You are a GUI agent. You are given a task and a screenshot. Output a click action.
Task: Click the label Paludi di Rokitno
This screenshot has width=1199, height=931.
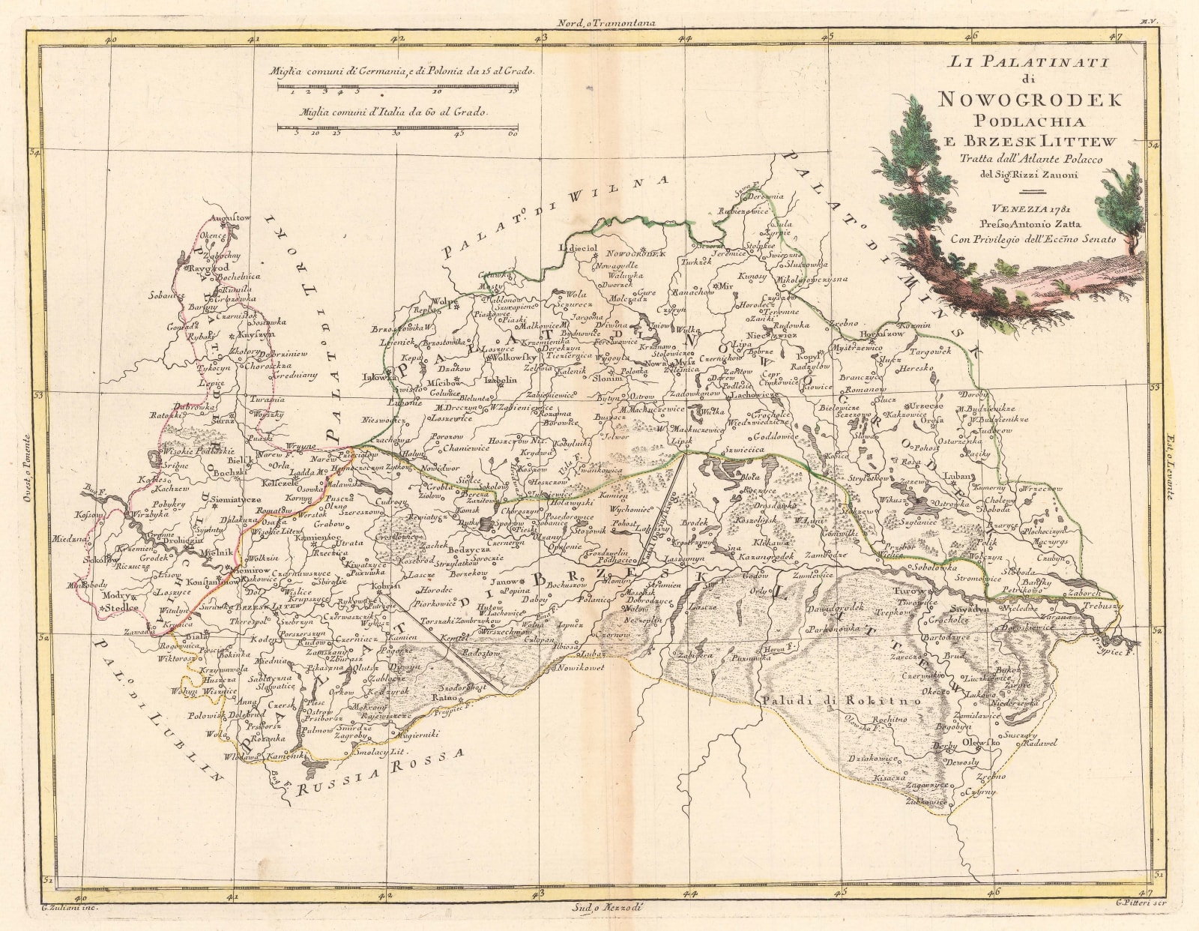click(841, 700)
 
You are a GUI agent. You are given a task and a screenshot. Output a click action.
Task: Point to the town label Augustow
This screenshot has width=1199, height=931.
click(232, 217)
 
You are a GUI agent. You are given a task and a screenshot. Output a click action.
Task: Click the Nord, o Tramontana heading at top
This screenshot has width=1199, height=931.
click(602, 22)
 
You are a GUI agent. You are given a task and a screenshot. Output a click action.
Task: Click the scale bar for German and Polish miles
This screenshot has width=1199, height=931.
click(398, 88)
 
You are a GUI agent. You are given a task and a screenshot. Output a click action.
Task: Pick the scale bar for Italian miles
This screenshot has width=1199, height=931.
click(398, 127)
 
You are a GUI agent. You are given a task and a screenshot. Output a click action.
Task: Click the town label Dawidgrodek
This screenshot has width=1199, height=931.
click(836, 607)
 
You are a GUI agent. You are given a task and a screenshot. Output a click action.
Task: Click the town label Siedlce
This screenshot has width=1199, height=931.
click(121, 608)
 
